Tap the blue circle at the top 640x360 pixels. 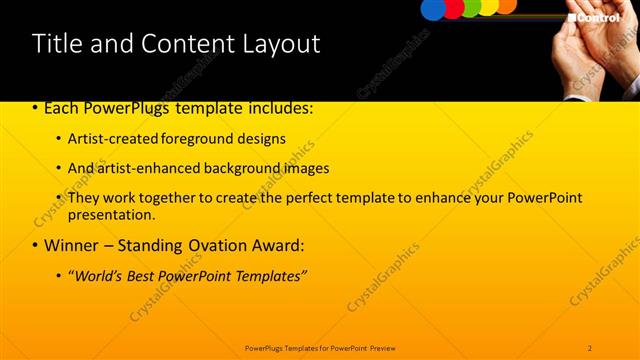coord(433,8)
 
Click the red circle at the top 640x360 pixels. coord(453,8)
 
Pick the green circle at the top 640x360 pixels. coord(471,7)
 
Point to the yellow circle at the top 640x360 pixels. coord(488,6)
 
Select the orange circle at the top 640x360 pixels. coord(506,5)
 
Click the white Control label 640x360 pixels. coord(599,17)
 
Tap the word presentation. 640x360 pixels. coord(110,215)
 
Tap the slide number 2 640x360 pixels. coord(590,348)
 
